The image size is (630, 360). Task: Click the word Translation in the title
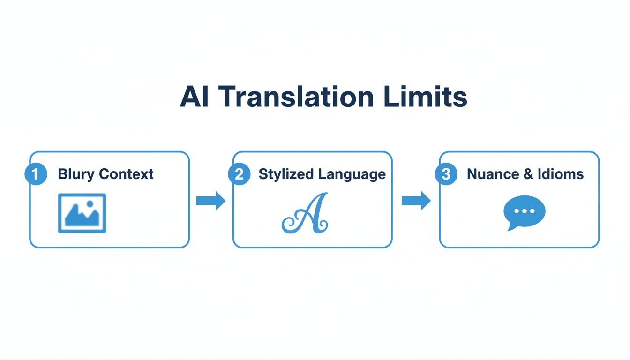297,97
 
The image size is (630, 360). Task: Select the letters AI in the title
195,97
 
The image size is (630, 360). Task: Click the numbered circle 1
35,174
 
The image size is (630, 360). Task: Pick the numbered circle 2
239,174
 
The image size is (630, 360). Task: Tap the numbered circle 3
446,174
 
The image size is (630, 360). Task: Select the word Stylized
286,174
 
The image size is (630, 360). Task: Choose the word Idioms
561,174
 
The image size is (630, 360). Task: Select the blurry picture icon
82,213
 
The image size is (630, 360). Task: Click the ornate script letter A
306,213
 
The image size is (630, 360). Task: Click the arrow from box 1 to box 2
210,201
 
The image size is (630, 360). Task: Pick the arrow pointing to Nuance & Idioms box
416,201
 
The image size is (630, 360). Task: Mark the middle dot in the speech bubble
525,211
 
